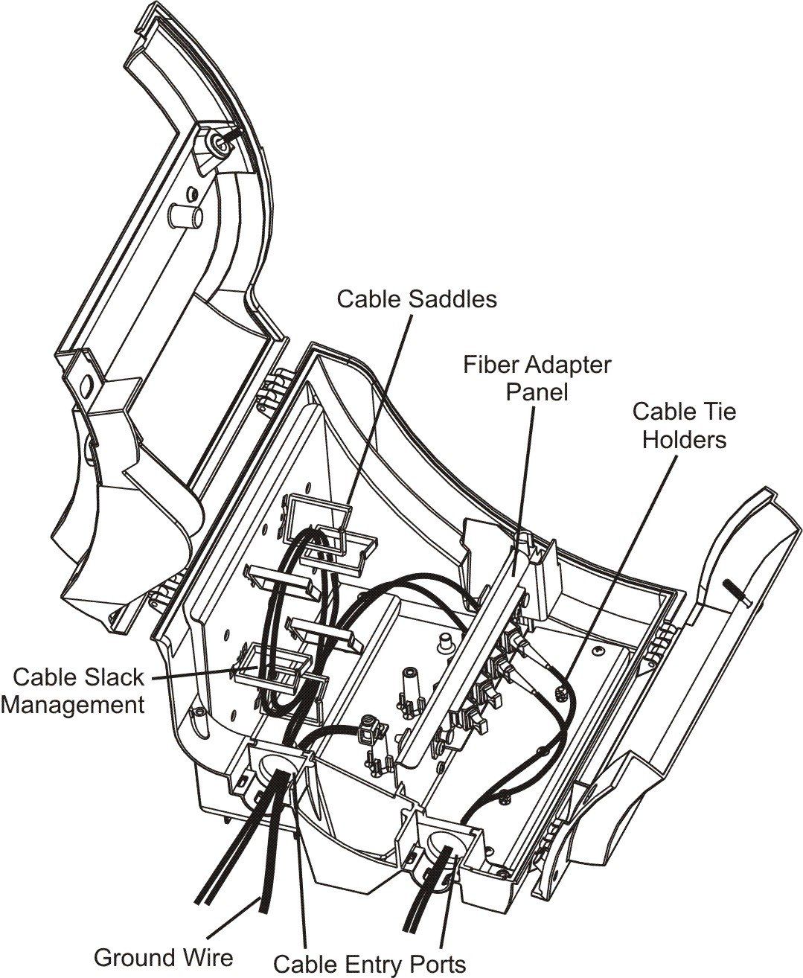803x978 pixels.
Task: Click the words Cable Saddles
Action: [x=417, y=299]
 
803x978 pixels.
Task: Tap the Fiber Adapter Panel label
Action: [x=537, y=378]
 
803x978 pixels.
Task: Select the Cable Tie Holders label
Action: [x=685, y=425]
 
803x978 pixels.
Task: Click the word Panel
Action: [x=537, y=391]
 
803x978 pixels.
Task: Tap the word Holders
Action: [x=685, y=439]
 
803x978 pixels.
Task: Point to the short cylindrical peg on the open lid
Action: [x=184, y=216]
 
